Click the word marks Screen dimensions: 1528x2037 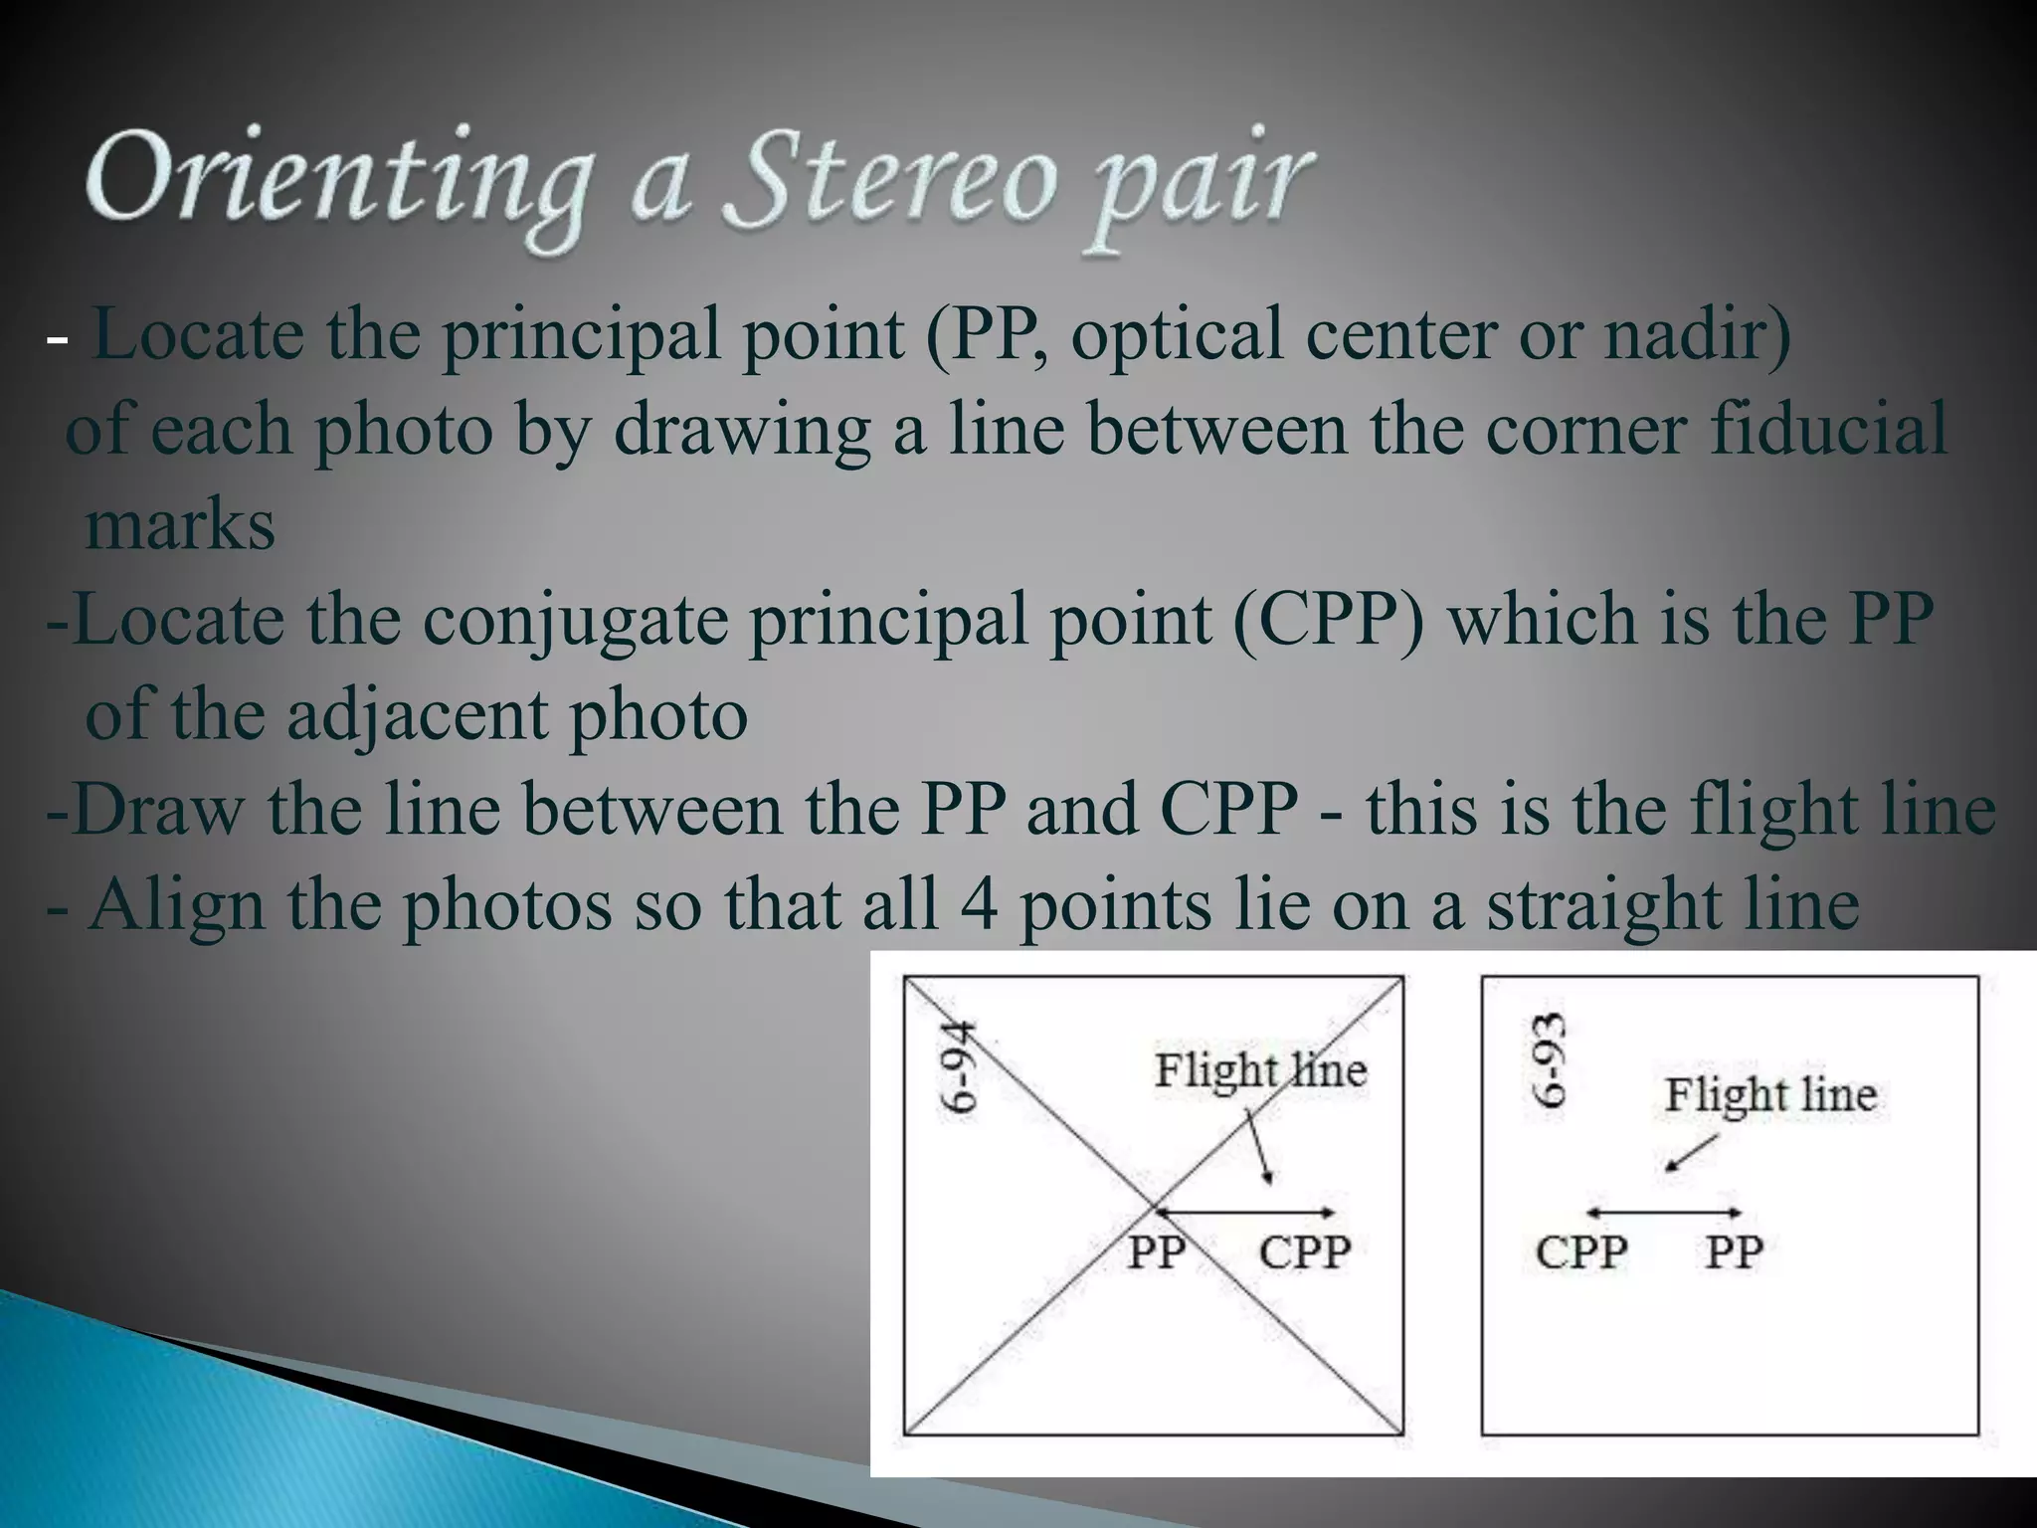pos(180,525)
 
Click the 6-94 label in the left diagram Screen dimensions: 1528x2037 pos(959,1071)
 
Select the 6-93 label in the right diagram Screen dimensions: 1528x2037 pos(1549,1059)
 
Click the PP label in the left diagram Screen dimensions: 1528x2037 pos(1156,1251)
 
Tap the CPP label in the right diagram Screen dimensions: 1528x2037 pos(1581,1251)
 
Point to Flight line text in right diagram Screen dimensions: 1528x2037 pos(1770,1095)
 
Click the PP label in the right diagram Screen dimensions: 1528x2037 pos(1734,1251)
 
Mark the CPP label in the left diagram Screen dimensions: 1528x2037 pos(1304,1251)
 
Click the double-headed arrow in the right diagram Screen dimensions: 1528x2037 pos(1663,1213)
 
